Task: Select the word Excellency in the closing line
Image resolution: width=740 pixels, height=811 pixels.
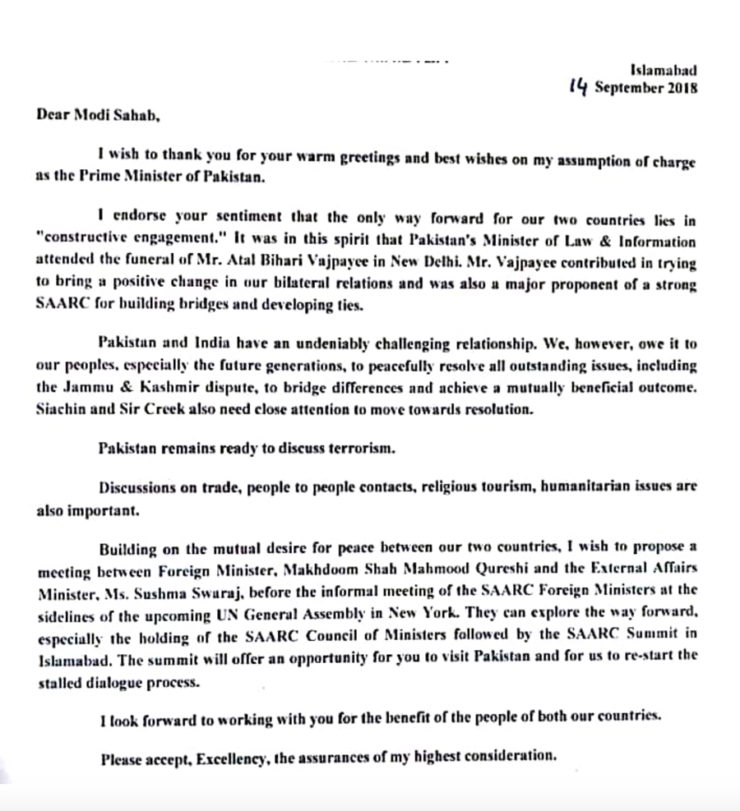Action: tap(231, 758)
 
